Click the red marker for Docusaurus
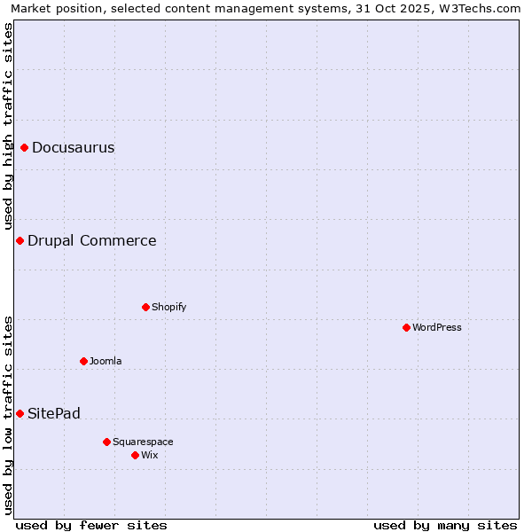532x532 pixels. tap(25, 147)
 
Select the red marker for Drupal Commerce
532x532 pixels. tap(20, 240)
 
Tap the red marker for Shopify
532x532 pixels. tap(146, 307)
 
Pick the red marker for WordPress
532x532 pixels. tap(407, 327)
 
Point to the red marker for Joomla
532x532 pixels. tap(84, 361)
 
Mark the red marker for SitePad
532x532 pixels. tap(20, 413)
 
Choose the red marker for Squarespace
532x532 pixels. tap(107, 442)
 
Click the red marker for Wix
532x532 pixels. tap(136, 455)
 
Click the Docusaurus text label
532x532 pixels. tap(74, 147)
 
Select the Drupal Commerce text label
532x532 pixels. tap(92, 240)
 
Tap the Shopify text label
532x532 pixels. tap(169, 307)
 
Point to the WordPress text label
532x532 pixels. tap(437, 327)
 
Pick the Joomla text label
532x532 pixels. tap(106, 361)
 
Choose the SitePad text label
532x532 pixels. tap(54, 413)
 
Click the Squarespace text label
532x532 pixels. tap(143, 442)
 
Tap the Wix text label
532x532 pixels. tap(150, 455)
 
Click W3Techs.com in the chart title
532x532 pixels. tap(482, 9)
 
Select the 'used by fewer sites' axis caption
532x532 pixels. tap(91, 525)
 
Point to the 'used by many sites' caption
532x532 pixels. tap(445, 525)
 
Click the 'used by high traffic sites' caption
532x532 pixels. tap(8, 126)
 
